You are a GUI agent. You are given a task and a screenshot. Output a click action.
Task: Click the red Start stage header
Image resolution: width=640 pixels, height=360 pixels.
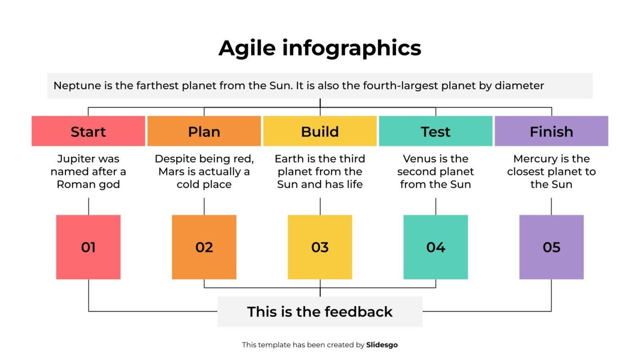pyautogui.click(x=88, y=131)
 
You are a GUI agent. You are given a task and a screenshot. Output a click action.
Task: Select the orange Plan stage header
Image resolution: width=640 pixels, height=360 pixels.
pyautogui.click(x=204, y=131)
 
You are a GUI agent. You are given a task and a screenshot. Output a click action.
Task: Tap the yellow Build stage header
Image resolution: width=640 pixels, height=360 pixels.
pyautogui.click(x=320, y=131)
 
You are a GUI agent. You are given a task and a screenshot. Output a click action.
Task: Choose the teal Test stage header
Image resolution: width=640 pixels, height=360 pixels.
pyautogui.click(x=436, y=131)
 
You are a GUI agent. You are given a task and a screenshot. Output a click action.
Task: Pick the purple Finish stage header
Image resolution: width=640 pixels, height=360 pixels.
pyautogui.click(x=552, y=131)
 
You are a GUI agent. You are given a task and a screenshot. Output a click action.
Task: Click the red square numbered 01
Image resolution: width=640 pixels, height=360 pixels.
pyautogui.click(x=88, y=247)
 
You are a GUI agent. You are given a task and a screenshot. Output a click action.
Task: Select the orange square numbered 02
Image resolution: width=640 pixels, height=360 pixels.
pyautogui.click(x=204, y=247)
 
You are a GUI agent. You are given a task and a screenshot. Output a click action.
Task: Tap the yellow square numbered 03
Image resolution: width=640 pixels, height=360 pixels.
pyautogui.click(x=320, y=247)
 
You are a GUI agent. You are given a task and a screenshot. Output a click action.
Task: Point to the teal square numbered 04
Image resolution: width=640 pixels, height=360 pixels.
pyautogui.click(x=436, y=247)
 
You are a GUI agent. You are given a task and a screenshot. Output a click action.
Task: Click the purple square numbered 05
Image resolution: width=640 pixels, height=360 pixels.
pyautogui.click(x=552, y=247)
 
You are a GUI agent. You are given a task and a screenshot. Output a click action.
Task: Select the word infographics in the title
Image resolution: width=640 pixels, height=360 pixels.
pyautogui.click(x=352, y=49)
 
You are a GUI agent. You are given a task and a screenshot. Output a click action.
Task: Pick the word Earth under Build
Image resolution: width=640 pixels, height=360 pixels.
pyautogui.click(x=289, y=159)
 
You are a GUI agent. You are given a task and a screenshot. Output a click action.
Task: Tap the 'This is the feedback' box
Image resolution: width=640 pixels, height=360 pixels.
pyautogui.click(x=320, y=312)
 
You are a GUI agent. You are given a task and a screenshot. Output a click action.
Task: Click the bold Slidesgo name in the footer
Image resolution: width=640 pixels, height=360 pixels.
pyautogui.click(x=382, y=345)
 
